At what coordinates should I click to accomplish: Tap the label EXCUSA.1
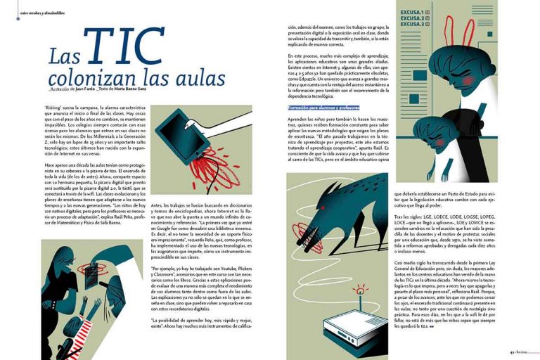[413, 13]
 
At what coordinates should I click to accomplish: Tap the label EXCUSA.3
[413, 24]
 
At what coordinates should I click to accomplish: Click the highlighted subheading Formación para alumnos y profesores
[323, 108]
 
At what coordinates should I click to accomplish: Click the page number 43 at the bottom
[513, 353]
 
